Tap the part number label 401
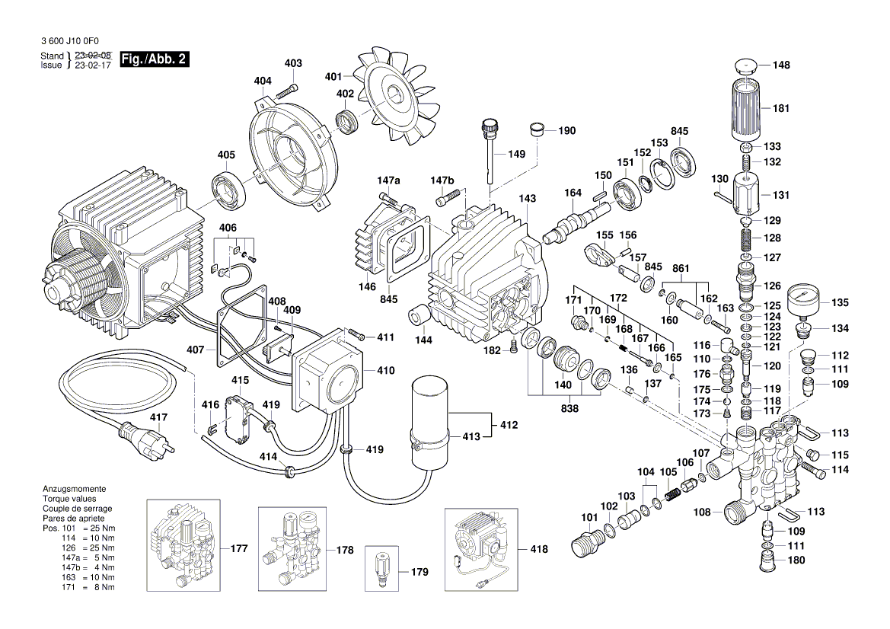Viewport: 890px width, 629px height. point(333,76)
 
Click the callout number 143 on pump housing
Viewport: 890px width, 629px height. point(528,199)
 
